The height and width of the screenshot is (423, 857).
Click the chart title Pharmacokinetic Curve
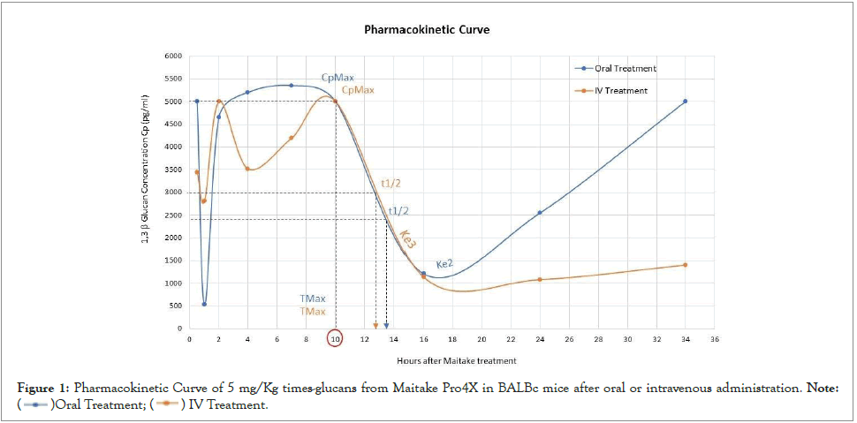[427, 29]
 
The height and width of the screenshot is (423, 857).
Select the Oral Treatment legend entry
[618, 68]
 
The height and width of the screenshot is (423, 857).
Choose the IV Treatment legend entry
[615, 90]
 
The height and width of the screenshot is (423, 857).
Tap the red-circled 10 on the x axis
[335, 339]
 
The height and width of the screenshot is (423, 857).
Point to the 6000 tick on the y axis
[173, 56]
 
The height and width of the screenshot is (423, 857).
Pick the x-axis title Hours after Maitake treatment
[456, 360]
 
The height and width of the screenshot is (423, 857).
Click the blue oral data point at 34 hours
[685, 102]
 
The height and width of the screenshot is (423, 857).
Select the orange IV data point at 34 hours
[685, 265]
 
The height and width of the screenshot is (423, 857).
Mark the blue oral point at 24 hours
[540, 213]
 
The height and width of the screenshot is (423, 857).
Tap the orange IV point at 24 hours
[540, 280]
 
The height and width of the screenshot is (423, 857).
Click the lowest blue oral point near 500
[204, 305]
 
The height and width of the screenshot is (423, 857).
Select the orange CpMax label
[358, 89]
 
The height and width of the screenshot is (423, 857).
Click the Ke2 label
[444, 263]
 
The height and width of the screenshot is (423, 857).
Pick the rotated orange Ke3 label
[408, 239]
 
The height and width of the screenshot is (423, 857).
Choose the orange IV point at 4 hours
[247, 170]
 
